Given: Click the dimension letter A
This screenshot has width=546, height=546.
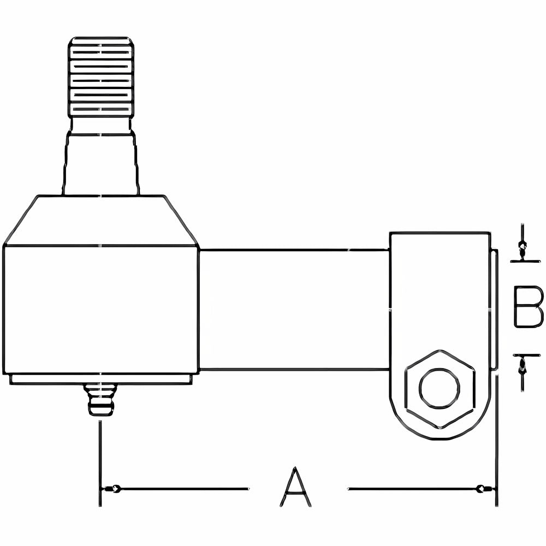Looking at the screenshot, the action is point(295,488).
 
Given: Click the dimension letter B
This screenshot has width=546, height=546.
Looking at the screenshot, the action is point(528,307).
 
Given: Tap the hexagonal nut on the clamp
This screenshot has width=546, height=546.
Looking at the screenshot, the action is point(440,389).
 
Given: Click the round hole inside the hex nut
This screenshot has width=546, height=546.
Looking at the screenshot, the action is point(440,387).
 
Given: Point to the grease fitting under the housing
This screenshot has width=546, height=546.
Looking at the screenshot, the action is point(101,399).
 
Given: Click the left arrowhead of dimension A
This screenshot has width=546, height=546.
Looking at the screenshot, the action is point(111,489).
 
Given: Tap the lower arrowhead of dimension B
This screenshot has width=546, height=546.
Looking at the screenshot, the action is point(521,365).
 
